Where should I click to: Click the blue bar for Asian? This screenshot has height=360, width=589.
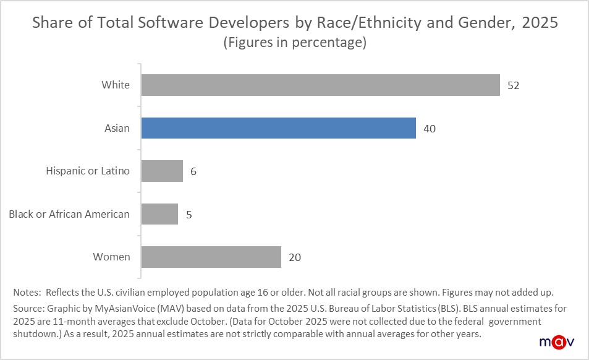click(278, 128)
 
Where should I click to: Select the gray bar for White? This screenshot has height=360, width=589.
click(320, 85)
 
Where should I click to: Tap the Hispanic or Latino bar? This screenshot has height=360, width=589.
click(162, 171)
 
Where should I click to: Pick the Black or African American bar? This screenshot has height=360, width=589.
click(159, 214)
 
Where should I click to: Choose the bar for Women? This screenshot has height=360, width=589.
click(211, 257)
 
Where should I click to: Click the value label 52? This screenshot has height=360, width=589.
click(513, 85)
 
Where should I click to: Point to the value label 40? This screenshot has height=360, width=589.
click(430, 129)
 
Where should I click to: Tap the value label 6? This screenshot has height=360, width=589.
click(193, 171)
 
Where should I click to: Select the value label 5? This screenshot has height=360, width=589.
click(189, 215)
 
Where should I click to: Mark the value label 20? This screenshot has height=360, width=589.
click(295, 257)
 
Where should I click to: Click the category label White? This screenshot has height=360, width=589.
click(116, 85)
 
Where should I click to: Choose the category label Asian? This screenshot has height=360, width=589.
click(117, 128)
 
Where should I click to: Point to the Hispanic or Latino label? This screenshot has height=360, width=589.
click(88, 171)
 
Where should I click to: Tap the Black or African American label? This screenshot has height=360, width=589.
click(69, 214)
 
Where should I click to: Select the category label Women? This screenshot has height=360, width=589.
click(111, 257)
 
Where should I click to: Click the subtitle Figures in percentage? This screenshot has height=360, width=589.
click(294, 43)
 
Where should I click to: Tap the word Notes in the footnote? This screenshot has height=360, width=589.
click(27, 291)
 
